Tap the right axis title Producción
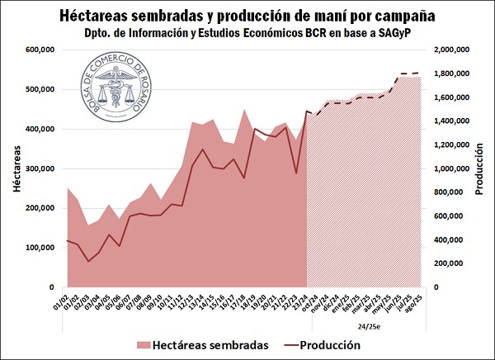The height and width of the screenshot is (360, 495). [x=480, y=168]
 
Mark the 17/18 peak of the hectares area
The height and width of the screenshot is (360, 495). [x=244, y=110]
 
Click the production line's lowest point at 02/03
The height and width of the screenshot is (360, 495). [x=88, y=261]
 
